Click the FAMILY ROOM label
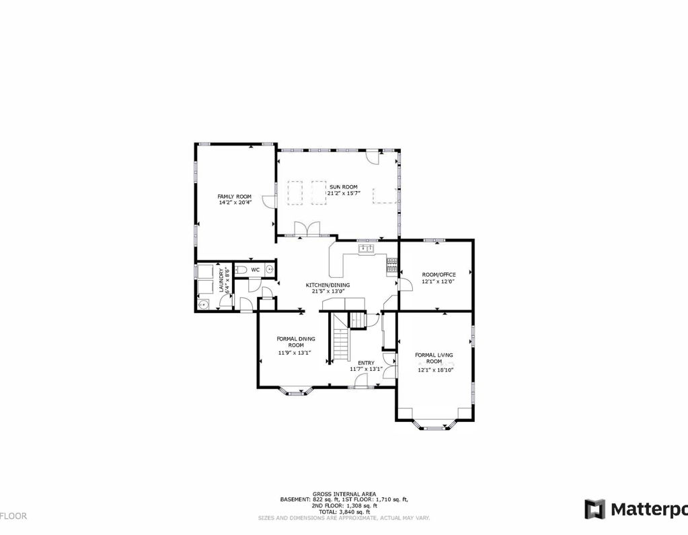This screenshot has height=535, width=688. (x=234, y=197)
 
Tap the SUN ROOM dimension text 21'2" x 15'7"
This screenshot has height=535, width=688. (x=344, y=193)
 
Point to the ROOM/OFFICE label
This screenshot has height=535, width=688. (x=438, y=275)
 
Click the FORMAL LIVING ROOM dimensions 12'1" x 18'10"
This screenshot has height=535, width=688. (x=436, y=369)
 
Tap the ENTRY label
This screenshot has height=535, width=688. (x=366, y=363)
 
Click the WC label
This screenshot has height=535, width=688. (x=255, y=270)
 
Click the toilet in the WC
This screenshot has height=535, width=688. (x=243, y=270)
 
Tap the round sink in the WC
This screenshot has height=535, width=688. (x=270, y=270)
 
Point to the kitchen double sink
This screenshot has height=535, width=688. (x=367, y=249)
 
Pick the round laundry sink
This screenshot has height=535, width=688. (x=203, y=304)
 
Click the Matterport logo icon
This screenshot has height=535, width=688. (x=595, y=509)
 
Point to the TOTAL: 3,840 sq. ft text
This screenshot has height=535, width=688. (x=344, y=512)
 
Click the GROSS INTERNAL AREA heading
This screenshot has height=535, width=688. (x=344, y=494)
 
